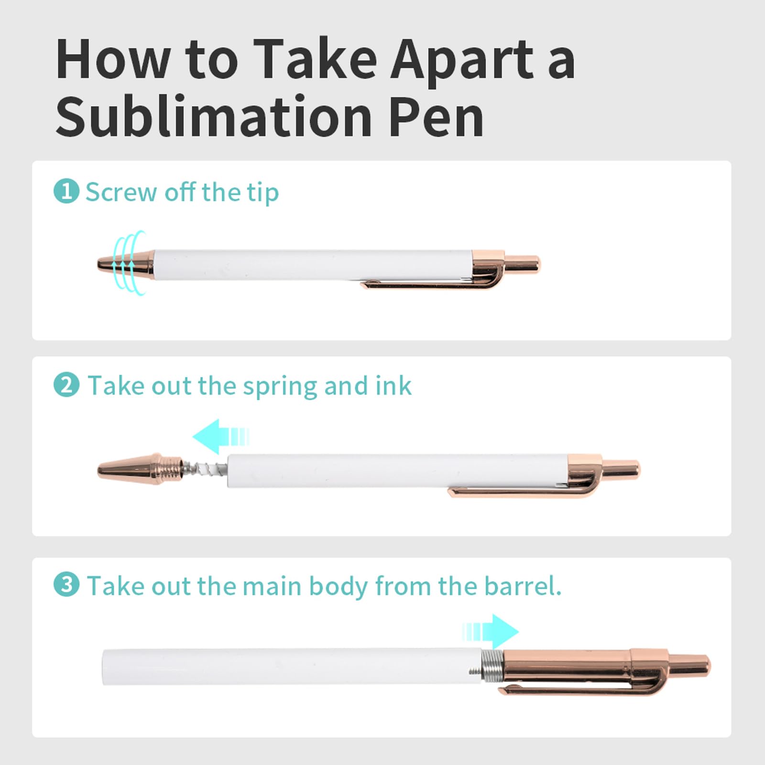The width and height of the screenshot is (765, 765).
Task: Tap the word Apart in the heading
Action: pos(462,60)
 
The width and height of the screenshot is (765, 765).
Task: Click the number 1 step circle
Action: pos(66,191)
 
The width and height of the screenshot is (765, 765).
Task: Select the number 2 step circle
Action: pos(66,385)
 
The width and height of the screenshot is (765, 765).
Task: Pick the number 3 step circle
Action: pos(66,585)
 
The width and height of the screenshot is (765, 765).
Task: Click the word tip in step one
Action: pos(262,193)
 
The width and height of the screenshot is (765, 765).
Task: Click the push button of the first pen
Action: pos(523,264)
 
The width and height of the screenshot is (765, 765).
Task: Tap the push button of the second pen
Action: pos(622,469)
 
